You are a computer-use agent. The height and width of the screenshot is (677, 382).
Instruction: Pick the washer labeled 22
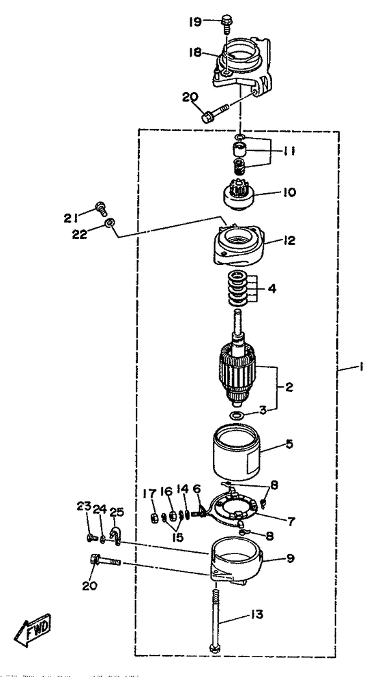point(109,223)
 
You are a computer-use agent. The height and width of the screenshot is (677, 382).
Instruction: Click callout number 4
point(272,288)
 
